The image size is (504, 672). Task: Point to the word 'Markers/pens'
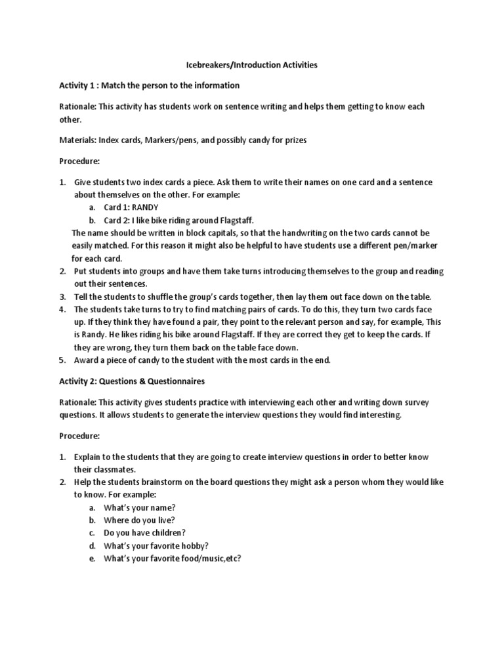pos(173,140)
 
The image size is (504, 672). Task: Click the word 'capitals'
pos(210,233)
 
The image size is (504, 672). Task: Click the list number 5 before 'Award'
pos(62,360)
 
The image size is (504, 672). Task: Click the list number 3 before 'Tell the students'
pos(62,297)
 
